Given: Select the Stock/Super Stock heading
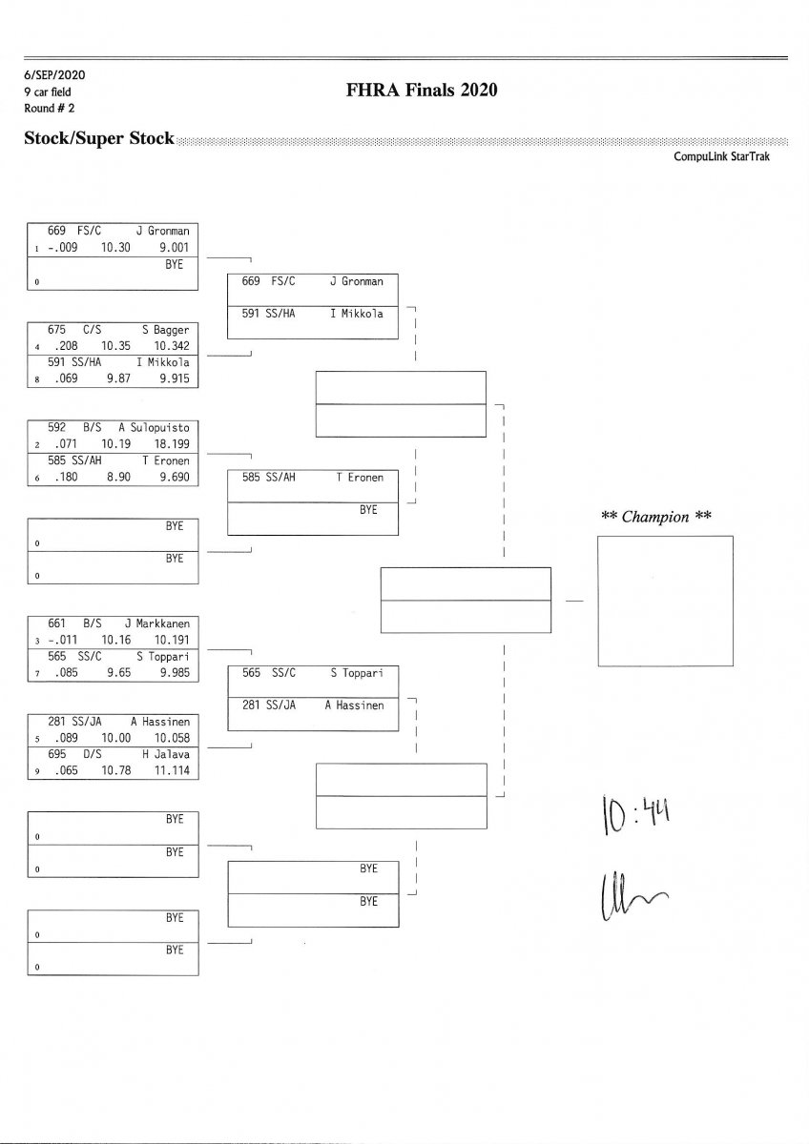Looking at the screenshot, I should (x=99, y=138).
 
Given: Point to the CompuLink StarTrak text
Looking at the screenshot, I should (x=721, y=157).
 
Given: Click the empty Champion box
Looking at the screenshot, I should (x=665, y=601).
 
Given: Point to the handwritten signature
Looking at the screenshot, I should (x=631, y=896).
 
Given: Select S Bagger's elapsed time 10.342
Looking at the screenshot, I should (x=171, y=345).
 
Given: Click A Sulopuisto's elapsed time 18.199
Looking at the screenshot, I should (x=171, y=444).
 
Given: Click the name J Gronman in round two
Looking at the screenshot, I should (x=356, y=282).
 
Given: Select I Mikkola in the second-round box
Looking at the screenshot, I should (x=356, y=315).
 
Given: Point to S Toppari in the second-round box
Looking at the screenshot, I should (x=356, y=673).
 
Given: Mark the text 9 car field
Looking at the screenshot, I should (x=48, y=92).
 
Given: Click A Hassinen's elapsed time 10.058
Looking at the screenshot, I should (x=171, y=738).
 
